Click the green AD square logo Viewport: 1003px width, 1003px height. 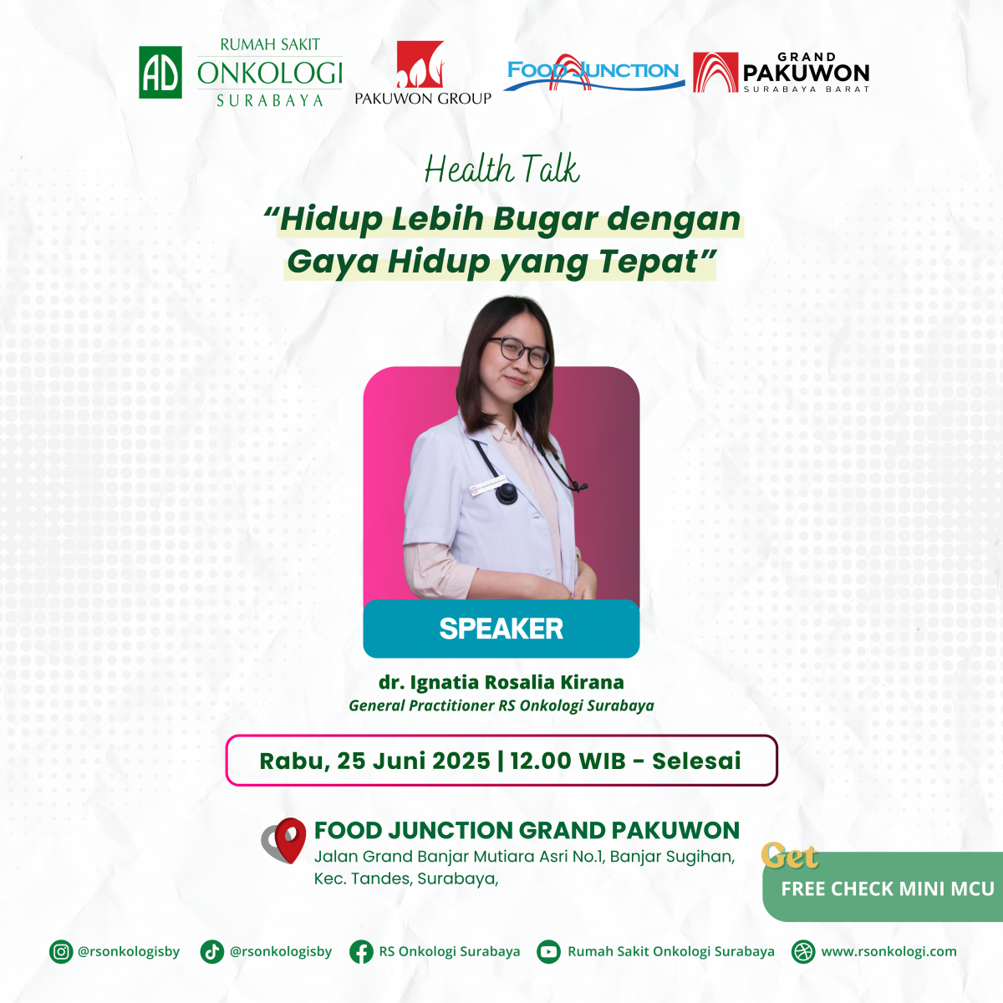[x=160, y=72]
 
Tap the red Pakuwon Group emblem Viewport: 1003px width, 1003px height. [x=420, y=64]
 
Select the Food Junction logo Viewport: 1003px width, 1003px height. [x=593, y=72]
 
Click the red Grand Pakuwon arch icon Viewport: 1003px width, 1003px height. [x=715, y=73]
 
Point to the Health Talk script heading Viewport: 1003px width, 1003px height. [x=501, y=169]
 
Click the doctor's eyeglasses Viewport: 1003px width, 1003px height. [x=518, y=351]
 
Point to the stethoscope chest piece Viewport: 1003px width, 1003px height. [x=506, y=493]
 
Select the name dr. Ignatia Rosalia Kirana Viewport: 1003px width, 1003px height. [x=501, y=682]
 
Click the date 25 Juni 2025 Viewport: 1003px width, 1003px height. [x=414, y=761]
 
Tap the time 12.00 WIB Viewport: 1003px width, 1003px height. [x=568, y=761]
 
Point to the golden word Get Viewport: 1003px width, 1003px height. [x=790, y=856]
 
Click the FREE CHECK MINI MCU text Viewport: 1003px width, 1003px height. [x=888, y=888]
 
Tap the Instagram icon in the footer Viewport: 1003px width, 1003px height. [x=61, y=951]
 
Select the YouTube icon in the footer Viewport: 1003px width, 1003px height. [x=548, y=951]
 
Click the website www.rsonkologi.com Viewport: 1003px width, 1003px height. [x=888, y=951]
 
